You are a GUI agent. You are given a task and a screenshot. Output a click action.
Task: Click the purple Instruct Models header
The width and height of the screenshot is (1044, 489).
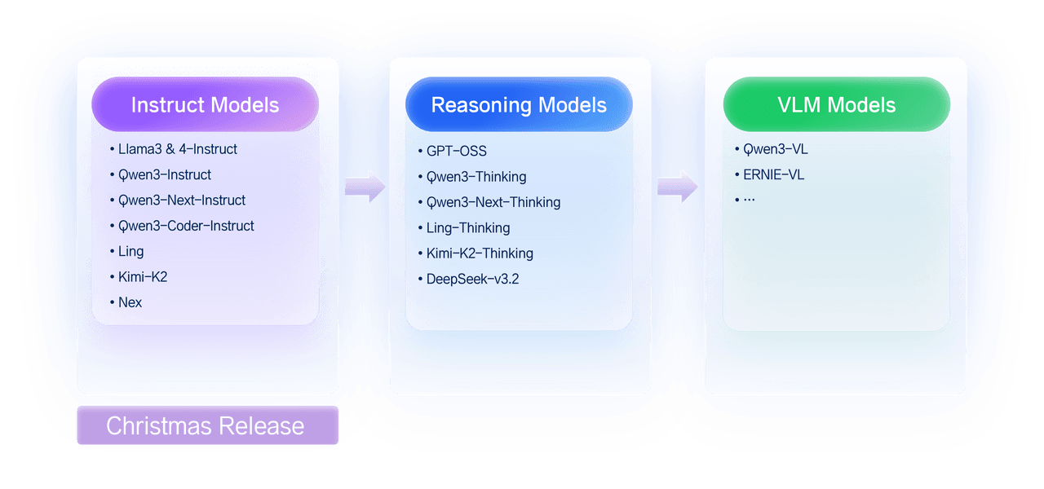[x=205, y=105]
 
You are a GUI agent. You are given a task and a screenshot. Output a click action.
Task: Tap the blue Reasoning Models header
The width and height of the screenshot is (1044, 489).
[x=519, y=105]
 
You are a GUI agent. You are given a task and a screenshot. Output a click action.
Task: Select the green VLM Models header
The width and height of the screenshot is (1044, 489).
[x=836, y=105]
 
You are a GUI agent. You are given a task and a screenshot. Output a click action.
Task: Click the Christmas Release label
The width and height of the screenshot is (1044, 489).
[x=207, y=425]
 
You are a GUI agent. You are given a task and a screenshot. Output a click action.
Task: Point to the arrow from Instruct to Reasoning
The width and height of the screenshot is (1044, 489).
[x=365, y=187]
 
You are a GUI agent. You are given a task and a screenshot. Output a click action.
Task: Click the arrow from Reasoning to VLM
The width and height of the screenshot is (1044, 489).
[x=678, y=187]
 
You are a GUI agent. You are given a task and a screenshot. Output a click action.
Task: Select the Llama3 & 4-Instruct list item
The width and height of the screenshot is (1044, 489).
[x=178, y=149]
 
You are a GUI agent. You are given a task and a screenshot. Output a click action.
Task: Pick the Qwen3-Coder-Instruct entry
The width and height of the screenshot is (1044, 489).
[x=186, y=226]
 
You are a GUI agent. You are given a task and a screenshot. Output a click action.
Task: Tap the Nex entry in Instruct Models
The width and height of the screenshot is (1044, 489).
[x=130, y=302]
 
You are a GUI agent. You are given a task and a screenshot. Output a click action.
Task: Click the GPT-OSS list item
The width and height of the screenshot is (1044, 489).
[x=456, y=151]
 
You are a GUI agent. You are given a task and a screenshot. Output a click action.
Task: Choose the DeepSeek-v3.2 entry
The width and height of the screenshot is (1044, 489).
[x=472, y=279]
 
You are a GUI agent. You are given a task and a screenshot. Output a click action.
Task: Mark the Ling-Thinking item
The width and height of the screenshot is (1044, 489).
[x=468, y=227]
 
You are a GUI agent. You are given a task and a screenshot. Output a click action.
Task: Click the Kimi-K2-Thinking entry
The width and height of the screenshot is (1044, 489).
[x=480, y=253]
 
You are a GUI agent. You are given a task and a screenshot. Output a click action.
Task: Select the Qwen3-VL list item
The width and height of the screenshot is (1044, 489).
[x=775, y=149]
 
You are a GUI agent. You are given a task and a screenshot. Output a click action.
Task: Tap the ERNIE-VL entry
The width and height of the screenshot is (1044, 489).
[x=773, y=174]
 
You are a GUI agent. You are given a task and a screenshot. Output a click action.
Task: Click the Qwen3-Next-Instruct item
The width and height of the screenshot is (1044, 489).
[x=182, y=200]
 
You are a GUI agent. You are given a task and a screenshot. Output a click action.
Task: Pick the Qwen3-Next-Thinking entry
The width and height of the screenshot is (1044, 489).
[x=493, y=202]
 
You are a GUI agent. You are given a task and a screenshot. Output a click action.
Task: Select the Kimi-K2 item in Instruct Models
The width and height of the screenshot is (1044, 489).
[x=143, y=277]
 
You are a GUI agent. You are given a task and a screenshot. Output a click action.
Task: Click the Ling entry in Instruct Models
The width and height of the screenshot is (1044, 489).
[x=130, y=251]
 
